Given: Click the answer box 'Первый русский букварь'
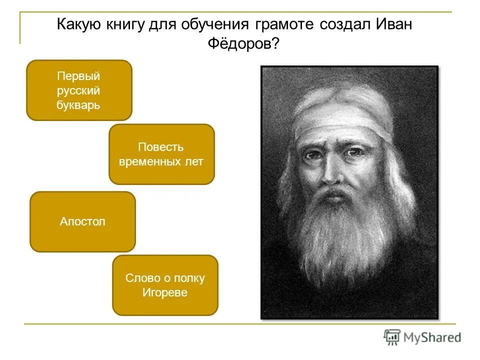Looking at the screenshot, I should tap(78, 90).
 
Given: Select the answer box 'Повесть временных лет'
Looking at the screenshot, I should tap(161, 154).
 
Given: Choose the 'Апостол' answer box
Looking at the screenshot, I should tap(82, 221).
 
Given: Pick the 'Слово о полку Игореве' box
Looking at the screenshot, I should tap(165, 285).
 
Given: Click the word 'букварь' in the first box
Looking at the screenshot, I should tap(78, 105).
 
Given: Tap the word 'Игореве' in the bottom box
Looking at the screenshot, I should tap(165, 292).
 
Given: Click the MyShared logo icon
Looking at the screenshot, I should tap(392, 337).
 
